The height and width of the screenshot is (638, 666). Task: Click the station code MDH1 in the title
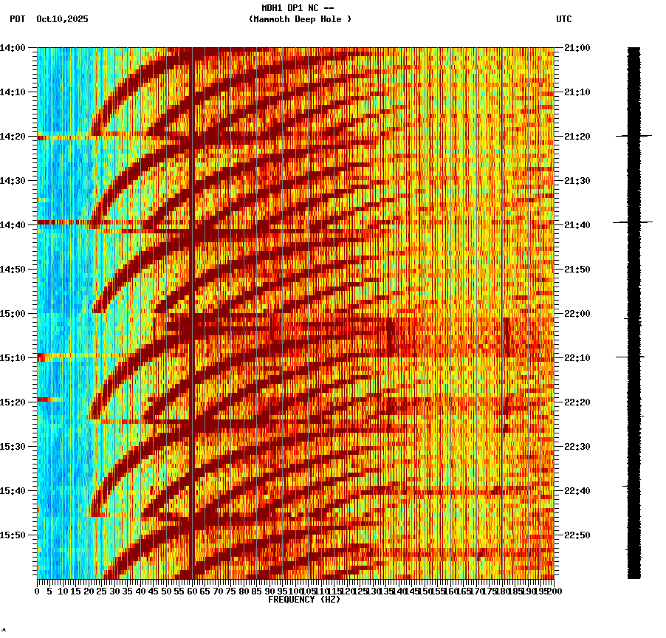pos(272,8)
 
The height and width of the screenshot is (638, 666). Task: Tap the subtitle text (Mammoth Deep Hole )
pos(300,19)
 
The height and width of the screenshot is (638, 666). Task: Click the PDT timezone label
pos(17,19)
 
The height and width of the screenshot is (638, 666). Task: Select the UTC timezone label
pos(563,19)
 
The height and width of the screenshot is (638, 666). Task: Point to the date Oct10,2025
pos(62,19)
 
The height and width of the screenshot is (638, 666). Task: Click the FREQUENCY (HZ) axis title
pos(304,600)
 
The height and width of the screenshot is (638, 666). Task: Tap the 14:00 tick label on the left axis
pos(13,48)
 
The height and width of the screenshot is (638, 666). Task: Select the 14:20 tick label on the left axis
pos(13,137)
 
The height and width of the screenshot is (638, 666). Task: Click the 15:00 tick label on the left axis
pos(13,314)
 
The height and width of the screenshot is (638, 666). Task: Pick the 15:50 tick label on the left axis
pos(13,535)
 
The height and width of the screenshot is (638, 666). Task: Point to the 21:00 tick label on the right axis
pos(577,48)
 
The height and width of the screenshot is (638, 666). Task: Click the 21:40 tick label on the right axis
pos(577,225)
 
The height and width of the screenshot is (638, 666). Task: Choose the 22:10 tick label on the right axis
pos(577,358)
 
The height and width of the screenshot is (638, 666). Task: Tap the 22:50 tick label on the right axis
pos(577,535)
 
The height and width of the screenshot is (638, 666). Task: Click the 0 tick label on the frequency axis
pos(38,591)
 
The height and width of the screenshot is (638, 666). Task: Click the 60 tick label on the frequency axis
pos(192,591)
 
